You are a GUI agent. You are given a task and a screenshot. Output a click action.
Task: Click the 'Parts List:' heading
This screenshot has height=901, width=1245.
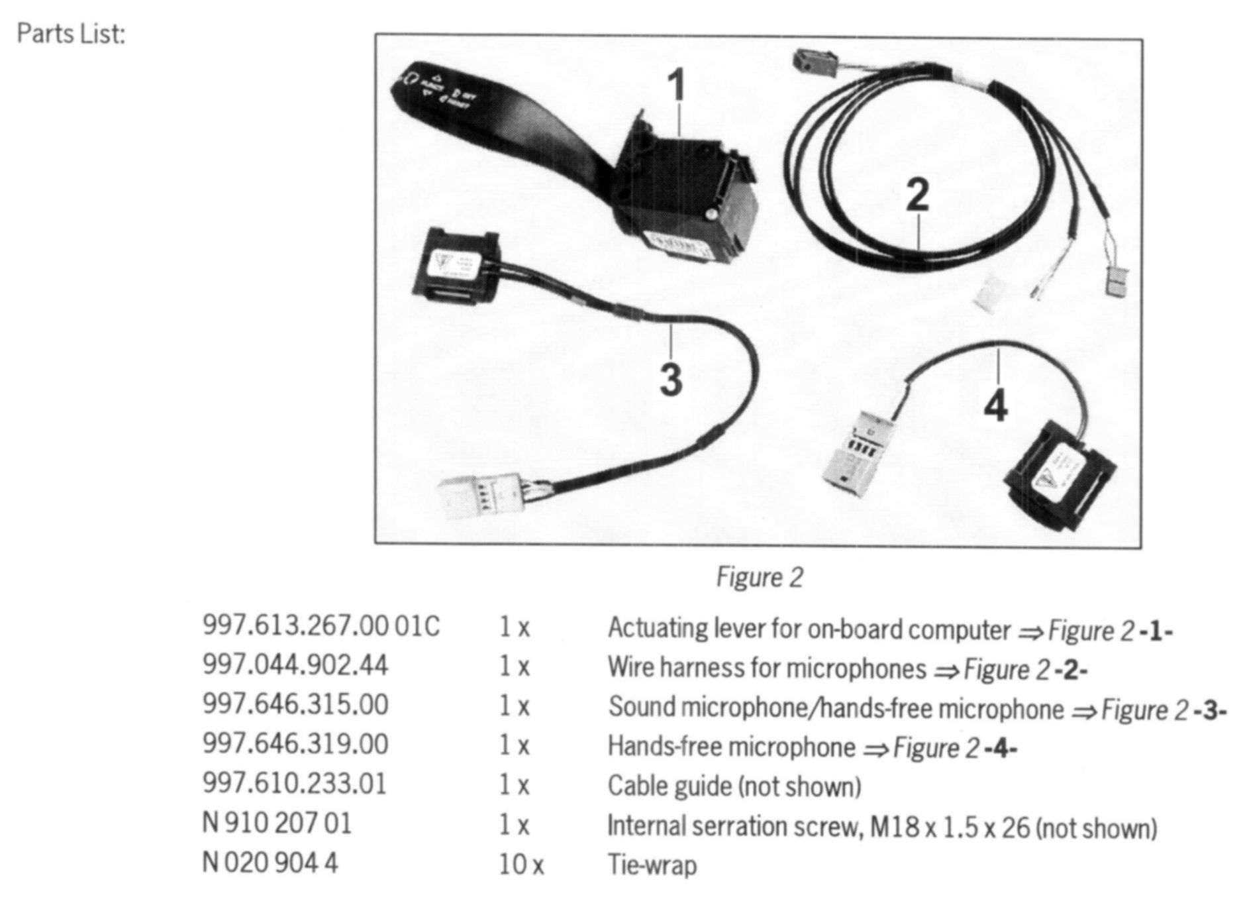pyautogui.click(x=71, y=33)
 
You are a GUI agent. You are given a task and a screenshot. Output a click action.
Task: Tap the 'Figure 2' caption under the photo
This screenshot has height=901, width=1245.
pyautogui.click(x=759, y=577)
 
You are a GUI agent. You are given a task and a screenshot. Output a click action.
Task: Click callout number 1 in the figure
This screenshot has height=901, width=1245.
pyautogui.click(x=675, y=86)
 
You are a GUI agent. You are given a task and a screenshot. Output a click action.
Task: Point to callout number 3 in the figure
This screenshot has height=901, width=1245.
pyautogui.click(x=670, y=380)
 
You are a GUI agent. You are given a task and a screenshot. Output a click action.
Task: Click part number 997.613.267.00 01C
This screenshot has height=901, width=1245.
pyautogui.click(x=321, y=626)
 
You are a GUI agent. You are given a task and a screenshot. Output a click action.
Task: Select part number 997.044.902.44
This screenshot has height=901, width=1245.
pyautogui.click(x=295, y=665)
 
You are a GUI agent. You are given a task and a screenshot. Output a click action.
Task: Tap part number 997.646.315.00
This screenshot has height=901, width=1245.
pyautogui.click(x=295, y=705)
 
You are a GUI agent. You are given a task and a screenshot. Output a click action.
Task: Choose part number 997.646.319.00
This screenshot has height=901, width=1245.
pyautogui.click(x=295, y=745)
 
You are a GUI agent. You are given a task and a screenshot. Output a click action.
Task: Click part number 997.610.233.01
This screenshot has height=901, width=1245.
pyautogui.click(x=294, y=784)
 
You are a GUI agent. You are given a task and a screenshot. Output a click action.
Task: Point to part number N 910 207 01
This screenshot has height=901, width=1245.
pyautogui.click(x=277, y=824)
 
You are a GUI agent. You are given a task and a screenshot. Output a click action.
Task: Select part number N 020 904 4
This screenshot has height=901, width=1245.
pyautogui.click(x=270, y=863)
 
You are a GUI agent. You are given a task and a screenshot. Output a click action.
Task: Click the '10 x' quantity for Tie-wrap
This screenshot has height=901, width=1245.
pyautogui.click(x=521, y=865)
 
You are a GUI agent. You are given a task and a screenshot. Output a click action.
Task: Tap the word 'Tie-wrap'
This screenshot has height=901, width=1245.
pyautogui.click(x=652, y=865)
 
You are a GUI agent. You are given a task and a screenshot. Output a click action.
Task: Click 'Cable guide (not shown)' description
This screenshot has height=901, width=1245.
pyautogui.click(x=734, y=786)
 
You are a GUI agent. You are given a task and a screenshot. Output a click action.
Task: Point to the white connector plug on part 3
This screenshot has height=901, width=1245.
pyautogui.click(x=473, y=497)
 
